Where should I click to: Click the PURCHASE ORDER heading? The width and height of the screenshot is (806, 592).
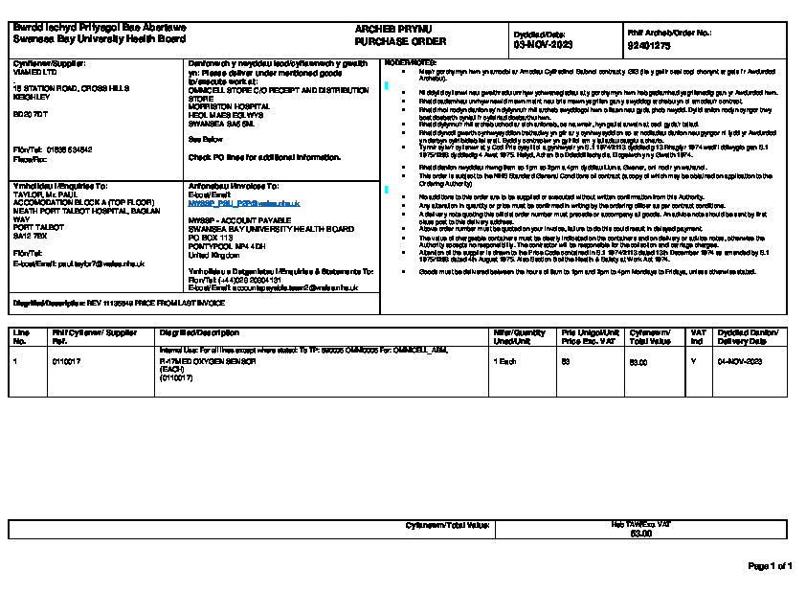[387, 42]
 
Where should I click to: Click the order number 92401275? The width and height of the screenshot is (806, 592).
[649, 45]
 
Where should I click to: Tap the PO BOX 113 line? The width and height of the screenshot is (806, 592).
[211, 237]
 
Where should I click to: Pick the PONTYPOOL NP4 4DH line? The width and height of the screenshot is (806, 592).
[227, 244]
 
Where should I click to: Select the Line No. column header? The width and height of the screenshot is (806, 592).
[21, 336]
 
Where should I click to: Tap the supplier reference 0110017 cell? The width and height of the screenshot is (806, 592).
[66, 362]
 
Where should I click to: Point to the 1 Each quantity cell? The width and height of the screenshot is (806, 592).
[504, 362]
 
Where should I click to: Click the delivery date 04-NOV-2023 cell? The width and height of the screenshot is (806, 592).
[739, 362]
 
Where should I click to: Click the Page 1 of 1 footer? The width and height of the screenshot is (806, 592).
[770, 566]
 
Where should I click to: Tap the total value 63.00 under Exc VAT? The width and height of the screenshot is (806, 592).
[639, 533]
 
